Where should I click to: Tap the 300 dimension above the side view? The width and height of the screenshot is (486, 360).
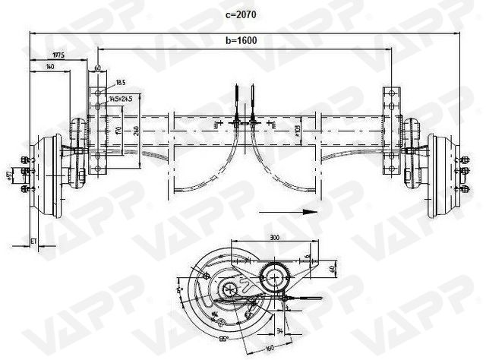(x=275, y=238)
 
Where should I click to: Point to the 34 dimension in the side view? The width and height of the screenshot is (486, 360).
(x=282, y=331)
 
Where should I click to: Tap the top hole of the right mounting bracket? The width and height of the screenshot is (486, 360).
(x=392, y=93)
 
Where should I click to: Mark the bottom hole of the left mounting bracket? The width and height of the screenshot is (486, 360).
(x=96, y=169)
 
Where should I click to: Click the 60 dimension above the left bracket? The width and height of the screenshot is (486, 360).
(x=97, y=68)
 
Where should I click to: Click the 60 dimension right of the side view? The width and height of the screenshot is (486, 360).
(x=333, y=268)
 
